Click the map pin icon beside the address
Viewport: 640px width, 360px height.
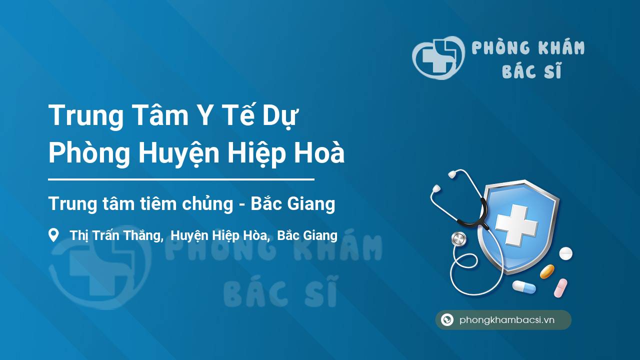click(53, 235)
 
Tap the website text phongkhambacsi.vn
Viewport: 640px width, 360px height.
click(507, 320)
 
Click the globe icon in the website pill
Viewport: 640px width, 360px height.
click(447, 320)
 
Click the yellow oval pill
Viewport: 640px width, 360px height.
click(547, 271)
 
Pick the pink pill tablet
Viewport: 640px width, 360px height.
click(560, 288)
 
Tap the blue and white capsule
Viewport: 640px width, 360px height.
click(524, 287)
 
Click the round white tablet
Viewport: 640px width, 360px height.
click(565, 253)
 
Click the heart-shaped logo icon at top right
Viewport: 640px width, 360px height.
click(437, 57)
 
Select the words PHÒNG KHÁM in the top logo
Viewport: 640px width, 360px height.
click(528, 48)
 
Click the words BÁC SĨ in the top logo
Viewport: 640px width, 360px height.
click(532, 71)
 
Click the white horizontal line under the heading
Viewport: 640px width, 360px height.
click(181, 179)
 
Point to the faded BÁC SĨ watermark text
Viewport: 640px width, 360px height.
click(280, 292)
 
